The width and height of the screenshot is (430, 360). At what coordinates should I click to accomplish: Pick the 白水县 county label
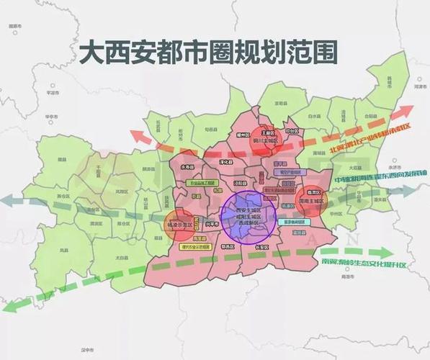[313, 114]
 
